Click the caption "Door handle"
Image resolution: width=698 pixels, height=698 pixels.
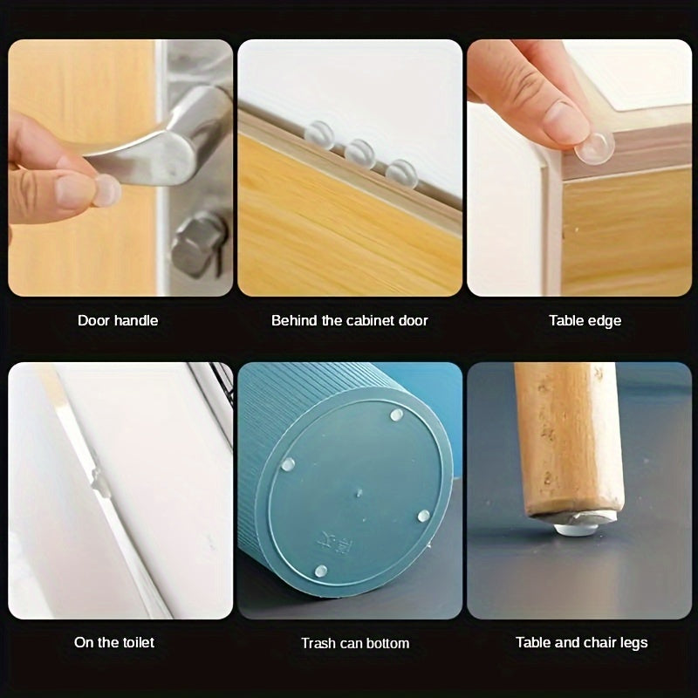pyautogui.click(x=118, y=320)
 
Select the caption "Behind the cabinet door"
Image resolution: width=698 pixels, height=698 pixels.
pyautogui.click(x=349, y=320)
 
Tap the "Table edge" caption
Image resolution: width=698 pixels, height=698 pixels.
pyautogui.click(x=585, y=320)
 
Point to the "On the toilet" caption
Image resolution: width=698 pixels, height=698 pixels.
pyautogui.click(x=114, y=642)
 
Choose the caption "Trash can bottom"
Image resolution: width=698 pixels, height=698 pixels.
pyautogui.click(x=355, y=643)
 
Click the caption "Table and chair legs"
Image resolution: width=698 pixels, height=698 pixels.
pyautogui.click(x=581, y=642)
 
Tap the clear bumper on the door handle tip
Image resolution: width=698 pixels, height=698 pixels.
pyautogui.click(x=106, y=189)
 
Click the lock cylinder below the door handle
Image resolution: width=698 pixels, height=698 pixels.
pyautogui.click(x=194, y=245)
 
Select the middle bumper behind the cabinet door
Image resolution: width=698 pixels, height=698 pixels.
pyautogui.click(x=359, y=154)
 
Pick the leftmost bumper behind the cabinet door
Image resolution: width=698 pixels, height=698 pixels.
pyautogui.click(x=319, y=134)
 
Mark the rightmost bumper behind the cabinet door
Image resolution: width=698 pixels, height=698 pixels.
pyautogui.click(x=401, y=172)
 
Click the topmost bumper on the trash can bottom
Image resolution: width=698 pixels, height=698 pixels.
pyautogui.click(x=397, y=415)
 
